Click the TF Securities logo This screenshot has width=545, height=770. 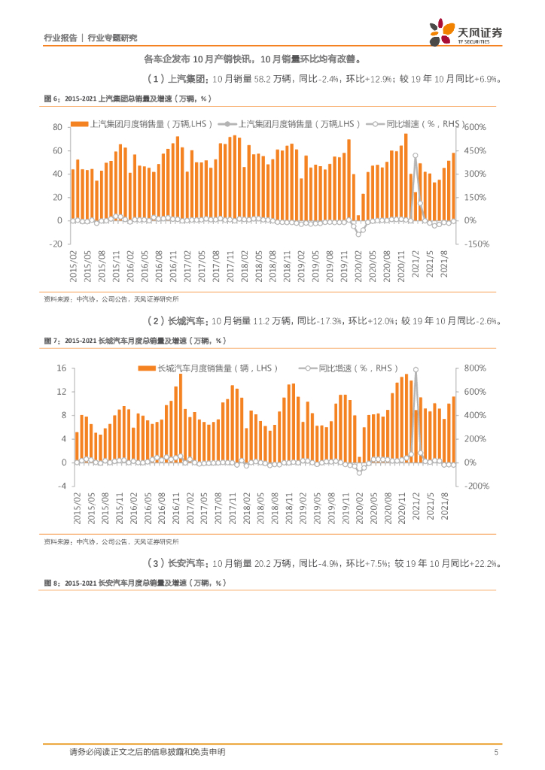(x=465, y=32)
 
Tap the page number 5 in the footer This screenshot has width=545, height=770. (x=495, y=752)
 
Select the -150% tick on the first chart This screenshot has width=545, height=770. (x=479, y=244)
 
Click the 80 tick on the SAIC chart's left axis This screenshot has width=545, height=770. (x=56, y=127)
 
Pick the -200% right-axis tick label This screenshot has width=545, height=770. (x=478, y=486)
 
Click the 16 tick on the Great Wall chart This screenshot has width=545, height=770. (x=62, y=368)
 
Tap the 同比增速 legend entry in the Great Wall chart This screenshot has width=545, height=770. (x=343, y=368)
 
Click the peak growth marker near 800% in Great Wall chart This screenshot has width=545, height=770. (x=416, y=370)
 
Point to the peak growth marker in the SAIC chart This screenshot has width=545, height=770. (x=415, y=156)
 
